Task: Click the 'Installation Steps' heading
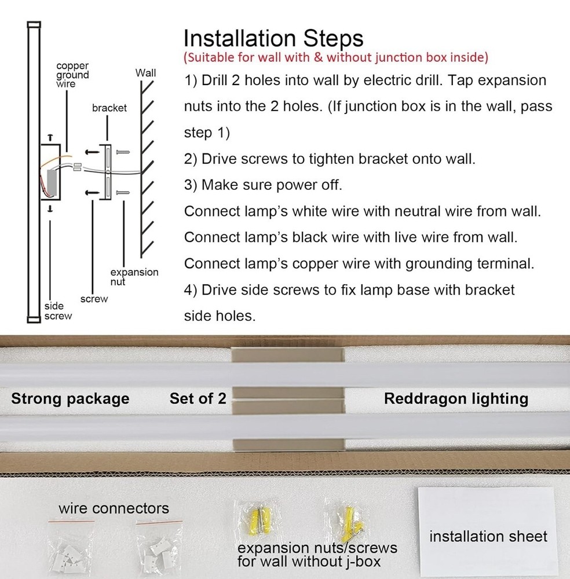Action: [x=273, y=39]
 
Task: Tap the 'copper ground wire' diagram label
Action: [x=72, y=75]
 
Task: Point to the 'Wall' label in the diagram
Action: [x=145, y=73]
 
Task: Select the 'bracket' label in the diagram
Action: [x=109, y=108]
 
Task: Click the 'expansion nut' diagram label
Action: [x=134, y=277]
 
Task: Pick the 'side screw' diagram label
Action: [x=58, y=311]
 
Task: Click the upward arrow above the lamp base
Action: [x=50, y=137]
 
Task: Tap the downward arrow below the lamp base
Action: [x=50, y=208]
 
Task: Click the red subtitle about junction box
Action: [x=336, y=57]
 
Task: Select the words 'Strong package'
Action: [x=70, y=399]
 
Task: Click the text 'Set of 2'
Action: [x=198, y=398]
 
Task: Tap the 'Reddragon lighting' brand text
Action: [x=456, y=399]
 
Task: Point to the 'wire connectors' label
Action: [x=114, y=508]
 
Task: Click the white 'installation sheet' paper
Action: [x=488, y=532]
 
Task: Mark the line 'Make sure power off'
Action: [x=263, y=185]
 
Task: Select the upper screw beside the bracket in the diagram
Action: [x=123, y=152]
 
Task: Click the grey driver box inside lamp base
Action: [x=52, y=183]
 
